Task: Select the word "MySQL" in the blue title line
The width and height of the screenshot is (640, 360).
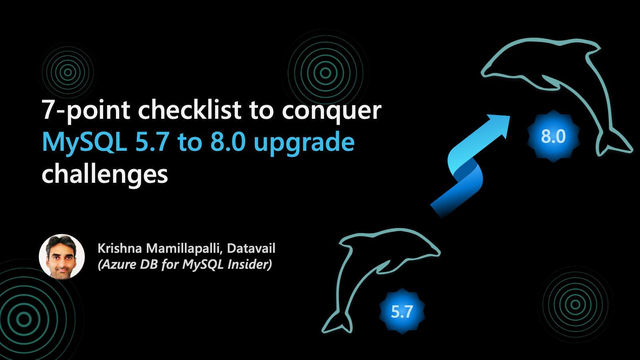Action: tap(84, 142)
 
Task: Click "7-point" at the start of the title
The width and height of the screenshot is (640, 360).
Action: tap(86, 110)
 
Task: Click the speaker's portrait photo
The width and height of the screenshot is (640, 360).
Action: tap(62, 256)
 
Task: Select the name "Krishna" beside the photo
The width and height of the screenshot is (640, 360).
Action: tap(120, 248)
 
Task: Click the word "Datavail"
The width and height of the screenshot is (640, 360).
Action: tap(251, 248)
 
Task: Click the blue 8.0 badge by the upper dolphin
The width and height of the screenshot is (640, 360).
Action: tap(553, 136)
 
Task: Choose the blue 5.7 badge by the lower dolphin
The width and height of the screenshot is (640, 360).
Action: tap(402, 312)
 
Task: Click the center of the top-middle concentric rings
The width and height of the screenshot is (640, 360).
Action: tap(326, 73)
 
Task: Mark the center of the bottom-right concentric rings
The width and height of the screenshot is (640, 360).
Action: tap(575, 305)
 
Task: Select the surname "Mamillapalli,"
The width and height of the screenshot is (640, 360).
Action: tap(184, 248)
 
